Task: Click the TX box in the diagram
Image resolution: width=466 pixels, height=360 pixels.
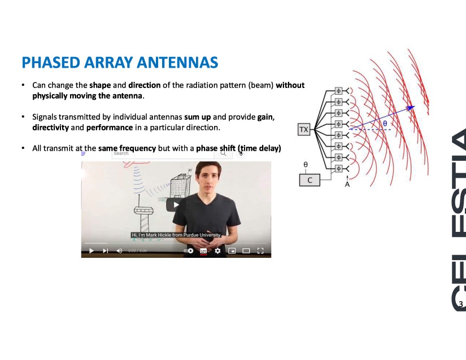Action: (304, 129)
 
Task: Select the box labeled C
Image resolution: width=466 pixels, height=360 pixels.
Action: (310, 180)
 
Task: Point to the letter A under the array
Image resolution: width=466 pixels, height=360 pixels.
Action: (347, 185)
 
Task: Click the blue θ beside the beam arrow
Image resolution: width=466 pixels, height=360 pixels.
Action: (385, 123)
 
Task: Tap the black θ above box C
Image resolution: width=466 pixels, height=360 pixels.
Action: (306, 164)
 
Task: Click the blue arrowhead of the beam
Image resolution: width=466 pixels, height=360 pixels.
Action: (411, 107)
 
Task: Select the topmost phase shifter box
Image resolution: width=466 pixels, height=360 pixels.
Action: (338, 90)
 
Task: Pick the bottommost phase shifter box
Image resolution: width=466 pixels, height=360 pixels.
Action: (338, 169)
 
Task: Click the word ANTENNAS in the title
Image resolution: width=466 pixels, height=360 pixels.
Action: (177, 62)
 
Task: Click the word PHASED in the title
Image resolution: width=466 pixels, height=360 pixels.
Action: (51, 62)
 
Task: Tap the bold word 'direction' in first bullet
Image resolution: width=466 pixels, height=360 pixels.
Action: (145, 85)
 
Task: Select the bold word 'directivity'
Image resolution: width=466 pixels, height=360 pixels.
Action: (50, 128)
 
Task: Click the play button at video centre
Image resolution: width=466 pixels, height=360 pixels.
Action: (176, 205)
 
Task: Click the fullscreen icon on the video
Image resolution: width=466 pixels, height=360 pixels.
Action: (260, 251)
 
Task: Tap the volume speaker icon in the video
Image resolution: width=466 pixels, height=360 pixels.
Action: (120, 251)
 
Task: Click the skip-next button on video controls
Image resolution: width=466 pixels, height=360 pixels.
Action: (105, 251)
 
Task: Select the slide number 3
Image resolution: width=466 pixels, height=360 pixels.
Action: (461, 304)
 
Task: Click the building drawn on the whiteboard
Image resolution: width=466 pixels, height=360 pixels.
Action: (180, 185)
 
